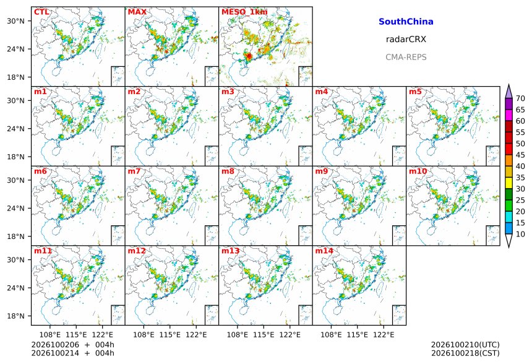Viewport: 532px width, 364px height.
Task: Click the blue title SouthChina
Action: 406,22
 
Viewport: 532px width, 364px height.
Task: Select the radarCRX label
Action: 406,39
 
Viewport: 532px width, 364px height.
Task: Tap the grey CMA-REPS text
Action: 406,57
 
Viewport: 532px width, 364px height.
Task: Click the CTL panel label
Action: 41,12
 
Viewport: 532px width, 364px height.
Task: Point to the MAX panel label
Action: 137,12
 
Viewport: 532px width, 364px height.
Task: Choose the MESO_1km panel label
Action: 244,12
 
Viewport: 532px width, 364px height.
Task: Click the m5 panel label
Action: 415,92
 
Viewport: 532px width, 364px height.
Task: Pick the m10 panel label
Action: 418,171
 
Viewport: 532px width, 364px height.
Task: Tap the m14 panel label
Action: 324,251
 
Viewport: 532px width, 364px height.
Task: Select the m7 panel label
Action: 134,171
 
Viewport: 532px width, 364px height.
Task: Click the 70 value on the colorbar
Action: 520,98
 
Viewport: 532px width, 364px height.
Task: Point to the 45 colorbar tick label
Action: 520,155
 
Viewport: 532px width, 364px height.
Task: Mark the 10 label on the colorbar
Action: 520,234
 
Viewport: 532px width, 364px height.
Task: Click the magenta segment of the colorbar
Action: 508,115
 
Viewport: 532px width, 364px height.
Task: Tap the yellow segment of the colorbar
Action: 508,183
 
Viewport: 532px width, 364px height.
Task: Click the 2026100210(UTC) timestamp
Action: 465,345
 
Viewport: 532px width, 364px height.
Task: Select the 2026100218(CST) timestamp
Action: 465,353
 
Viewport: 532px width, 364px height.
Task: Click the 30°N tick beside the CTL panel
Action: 15,21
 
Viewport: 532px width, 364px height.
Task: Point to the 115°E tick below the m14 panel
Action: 358,335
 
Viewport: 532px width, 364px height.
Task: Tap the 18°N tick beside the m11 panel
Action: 15,316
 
